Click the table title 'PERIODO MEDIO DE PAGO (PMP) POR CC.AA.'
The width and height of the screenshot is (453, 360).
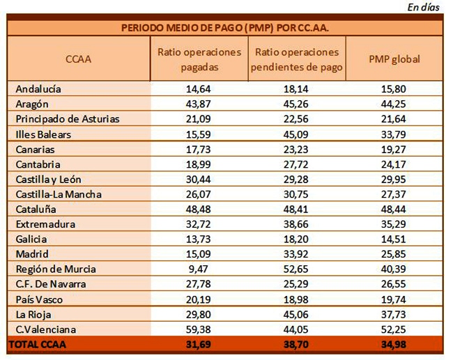tap(225, 29)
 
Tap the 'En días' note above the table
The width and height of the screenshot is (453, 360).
tap(424, 7)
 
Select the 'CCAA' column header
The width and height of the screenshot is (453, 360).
tap(78, 59)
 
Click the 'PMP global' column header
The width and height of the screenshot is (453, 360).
tap(394, 59)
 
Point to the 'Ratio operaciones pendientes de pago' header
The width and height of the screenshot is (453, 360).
tap(297, 59)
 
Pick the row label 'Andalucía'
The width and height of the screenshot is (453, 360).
tap(38, 89)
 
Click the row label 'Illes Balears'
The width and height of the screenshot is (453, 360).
tap(43, 134)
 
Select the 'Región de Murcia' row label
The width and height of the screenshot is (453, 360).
tap(56, 269)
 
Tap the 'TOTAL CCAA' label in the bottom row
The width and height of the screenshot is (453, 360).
tap(38, 345)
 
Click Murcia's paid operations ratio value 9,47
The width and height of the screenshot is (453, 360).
tap(198, 269)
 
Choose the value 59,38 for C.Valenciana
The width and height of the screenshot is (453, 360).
tap(198, 329)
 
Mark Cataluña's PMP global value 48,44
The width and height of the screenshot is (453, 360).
tap(394, 209)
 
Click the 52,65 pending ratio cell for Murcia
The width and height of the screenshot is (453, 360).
tap(295, 269)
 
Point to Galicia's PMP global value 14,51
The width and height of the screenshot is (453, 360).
tap(394, 239)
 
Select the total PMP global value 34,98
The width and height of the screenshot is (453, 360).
tap(394, 345)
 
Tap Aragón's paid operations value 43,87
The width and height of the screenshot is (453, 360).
tap(198, 104)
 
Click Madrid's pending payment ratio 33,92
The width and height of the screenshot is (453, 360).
tap(295, 254)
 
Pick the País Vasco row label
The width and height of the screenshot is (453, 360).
tap(39, 299)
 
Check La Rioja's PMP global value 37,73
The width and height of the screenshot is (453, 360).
tap(394, 314)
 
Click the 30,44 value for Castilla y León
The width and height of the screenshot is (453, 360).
tap(198, 179)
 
